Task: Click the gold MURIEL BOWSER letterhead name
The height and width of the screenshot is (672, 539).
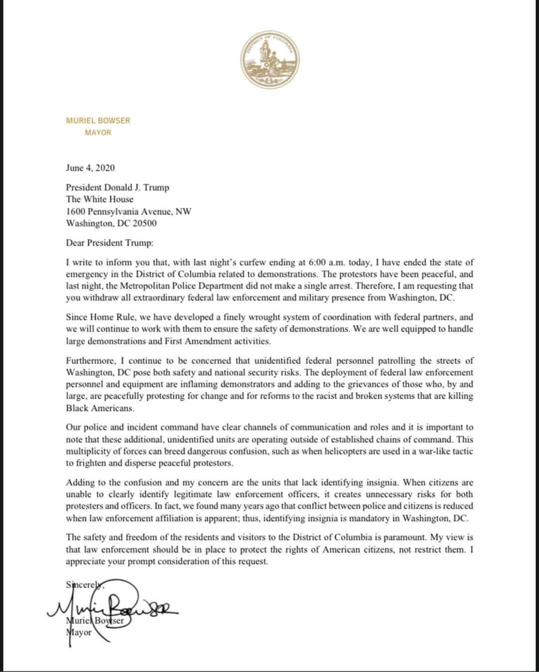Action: (x=98, y=121)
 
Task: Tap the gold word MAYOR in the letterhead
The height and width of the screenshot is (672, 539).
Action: (x=98, y=133)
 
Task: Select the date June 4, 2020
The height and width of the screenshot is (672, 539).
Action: (x=90, y=168)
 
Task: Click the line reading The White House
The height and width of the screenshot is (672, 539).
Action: (x=100, y=199)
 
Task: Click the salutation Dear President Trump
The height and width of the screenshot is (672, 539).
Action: (x=110, y=243)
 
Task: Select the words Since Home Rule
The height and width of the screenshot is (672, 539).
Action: (x=94, y=318)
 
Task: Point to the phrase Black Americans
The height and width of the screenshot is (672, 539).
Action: (x=100, y=408)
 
